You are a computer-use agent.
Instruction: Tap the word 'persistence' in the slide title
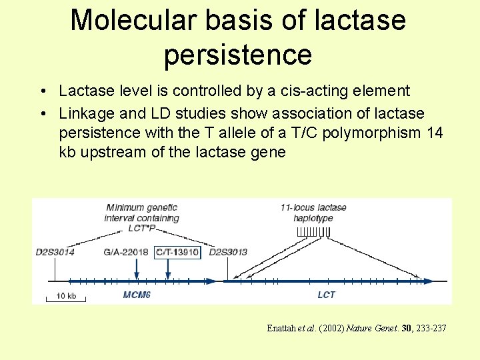click(238, 55)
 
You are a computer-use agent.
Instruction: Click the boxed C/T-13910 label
click(177, 252)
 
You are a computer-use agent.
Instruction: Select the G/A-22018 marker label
click(126, 252)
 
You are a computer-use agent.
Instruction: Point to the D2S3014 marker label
click(55, 252)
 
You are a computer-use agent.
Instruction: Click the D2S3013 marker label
click(228, 252)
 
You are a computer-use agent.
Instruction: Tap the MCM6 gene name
click(137, 294)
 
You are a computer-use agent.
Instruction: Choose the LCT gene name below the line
click(326, 294)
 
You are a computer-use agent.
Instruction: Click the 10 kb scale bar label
click(65, 295)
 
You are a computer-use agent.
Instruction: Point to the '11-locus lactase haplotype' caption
click(313, 213)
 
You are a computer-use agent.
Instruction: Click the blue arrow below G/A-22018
click(136, 270)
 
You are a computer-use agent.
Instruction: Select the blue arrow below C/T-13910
click(168, 270)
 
